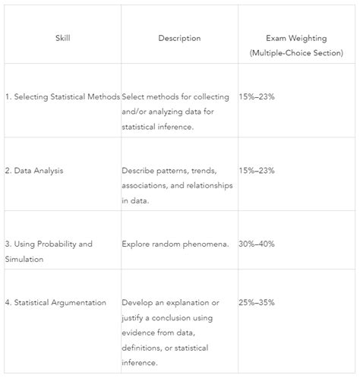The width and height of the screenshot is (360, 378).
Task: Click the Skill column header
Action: pyautogui.click(x=62, y=38)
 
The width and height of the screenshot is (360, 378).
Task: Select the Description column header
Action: pyautogui.click(x=179, y=38)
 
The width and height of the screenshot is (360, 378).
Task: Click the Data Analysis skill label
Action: pyautogui.click(x=38, y=171)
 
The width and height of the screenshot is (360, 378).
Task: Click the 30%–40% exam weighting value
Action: pyautogui.click(x=257, y=244)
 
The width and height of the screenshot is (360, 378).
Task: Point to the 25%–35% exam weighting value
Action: pyautogui.click(x=257, y=303)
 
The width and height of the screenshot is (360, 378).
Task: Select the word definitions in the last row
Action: pyautogui.click(x=143, y=347)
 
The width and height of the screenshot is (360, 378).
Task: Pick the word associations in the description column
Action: pyautogui.click(x=147, y=186)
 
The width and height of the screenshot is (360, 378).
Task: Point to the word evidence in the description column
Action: pyautogui.click(x=140, y=332)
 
